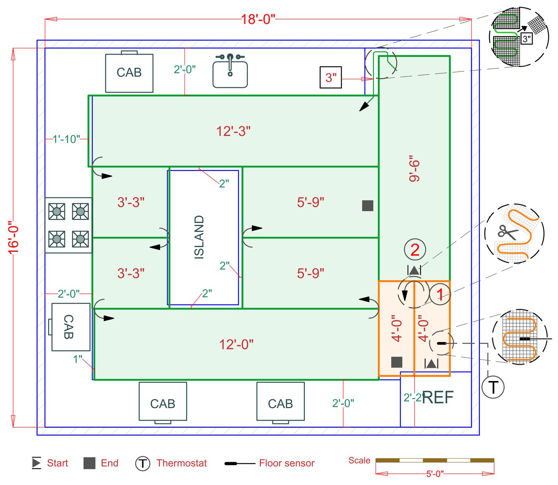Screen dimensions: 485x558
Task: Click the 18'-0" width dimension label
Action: click(x=258, y=19)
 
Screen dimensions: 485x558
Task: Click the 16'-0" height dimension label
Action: click(x=14, y=238)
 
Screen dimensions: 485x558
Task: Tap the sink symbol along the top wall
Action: click(x=230, y=72)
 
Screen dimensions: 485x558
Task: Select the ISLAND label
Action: click(x=199, y=237)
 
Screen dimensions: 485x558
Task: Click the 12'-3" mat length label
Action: click(x=233, y=131)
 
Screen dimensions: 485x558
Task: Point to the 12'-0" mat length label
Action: click(x=236, y=344)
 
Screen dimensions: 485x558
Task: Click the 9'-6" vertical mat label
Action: click(x=415, y=169)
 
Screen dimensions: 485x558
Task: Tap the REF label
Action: click(x=438, y=397)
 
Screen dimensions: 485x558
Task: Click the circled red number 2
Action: click(x=415, y=250)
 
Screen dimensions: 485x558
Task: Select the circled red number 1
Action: click(x=440, y=295)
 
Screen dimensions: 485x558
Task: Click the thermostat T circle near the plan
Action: click(x=493, y=387)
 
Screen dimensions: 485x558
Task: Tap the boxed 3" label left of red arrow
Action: click(x=331, y=77)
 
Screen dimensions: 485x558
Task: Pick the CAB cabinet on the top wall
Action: click(x=129, y=73)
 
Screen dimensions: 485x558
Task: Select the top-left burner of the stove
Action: click(x=57, y=211)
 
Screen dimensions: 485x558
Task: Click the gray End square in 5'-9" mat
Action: click(x=367, y=206)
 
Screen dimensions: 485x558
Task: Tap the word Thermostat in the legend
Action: click(x=181, y=463)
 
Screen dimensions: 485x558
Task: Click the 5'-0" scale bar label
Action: click(x=434, y=474)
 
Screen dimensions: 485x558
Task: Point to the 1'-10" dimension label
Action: click(x=66, y=139)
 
